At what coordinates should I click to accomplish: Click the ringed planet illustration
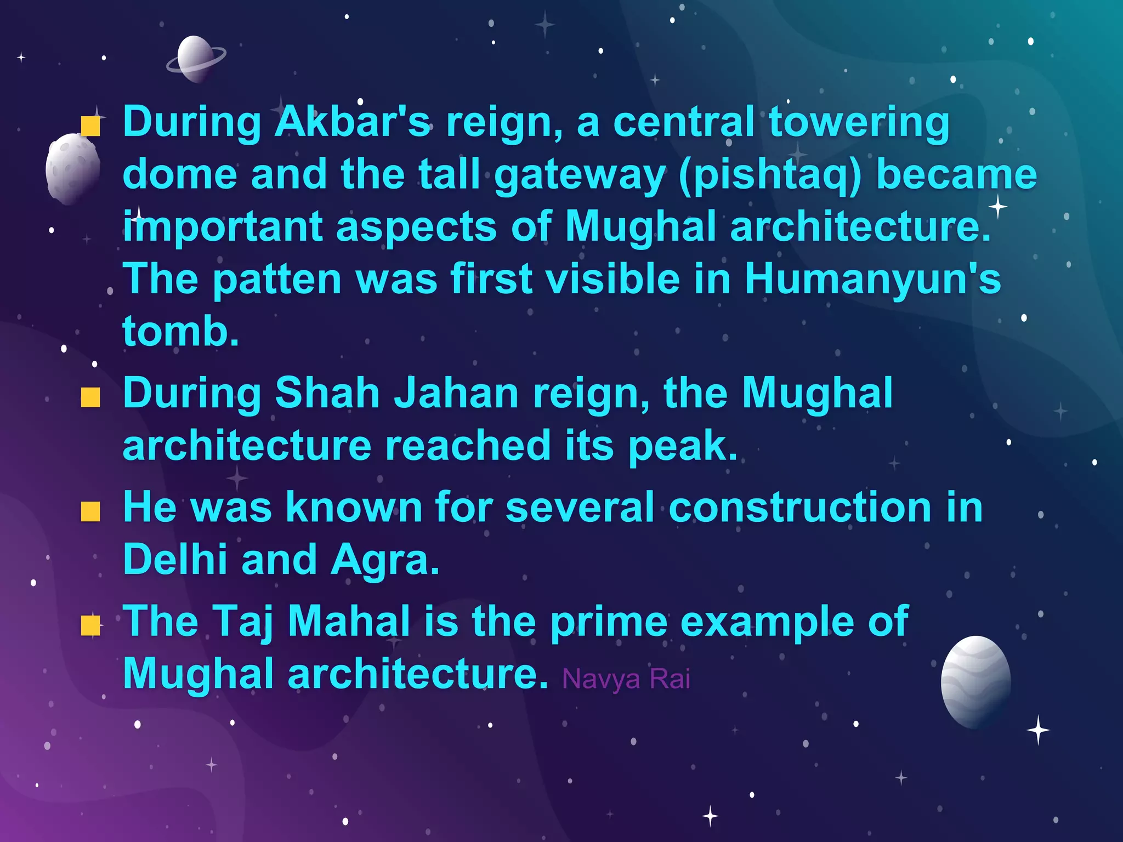pos(196,59)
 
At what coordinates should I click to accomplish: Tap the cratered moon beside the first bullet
pos(73,168)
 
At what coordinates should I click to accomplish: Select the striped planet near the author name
pos(975,681)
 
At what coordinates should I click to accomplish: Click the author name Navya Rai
pos(626,679)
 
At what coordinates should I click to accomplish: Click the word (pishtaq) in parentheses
pos(770,175)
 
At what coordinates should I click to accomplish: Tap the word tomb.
pos(180,331)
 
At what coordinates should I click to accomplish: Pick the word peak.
pos(682,445)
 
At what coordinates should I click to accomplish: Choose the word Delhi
pos(175,560)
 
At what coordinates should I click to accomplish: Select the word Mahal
pos(349,621)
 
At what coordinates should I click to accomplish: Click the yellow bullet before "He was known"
pos(90,511)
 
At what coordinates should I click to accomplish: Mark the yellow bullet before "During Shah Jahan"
pos(90,397)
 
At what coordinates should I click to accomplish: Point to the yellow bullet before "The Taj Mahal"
pos(90,625)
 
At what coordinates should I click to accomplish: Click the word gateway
pos(579,175)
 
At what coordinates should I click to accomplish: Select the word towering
pos(859,123)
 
